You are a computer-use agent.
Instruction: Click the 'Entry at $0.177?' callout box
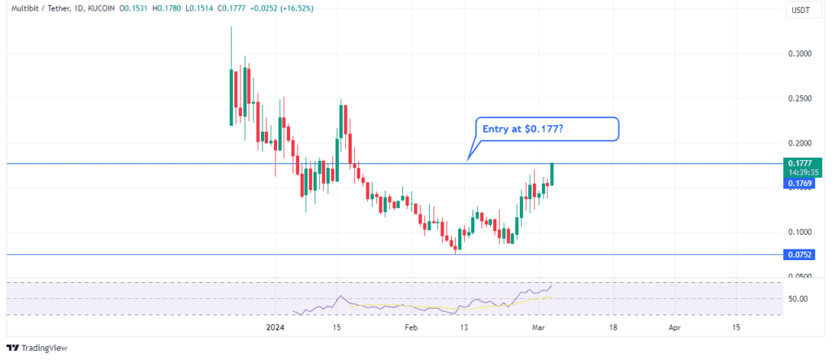coord(546,128)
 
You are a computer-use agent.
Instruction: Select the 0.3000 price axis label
coord(799,54)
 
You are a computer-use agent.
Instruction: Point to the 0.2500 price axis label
coord(799,98)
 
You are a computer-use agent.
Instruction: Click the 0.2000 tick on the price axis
coord(799,143)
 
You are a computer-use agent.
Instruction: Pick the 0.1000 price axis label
coord(799,232)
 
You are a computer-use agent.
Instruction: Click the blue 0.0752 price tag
coord(800,254)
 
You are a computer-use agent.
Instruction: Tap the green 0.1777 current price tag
coord(800,163)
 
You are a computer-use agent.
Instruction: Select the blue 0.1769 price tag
coord(800,185)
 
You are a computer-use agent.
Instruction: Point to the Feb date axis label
coord(411,327)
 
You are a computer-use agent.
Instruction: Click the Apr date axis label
coord(674,327)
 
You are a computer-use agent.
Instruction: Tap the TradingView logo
coord(40,348)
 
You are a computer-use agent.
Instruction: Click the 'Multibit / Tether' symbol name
coord(37,9)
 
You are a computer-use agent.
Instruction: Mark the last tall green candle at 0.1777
coord(552,173)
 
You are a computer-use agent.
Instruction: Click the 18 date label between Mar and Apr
coord(613,327)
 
